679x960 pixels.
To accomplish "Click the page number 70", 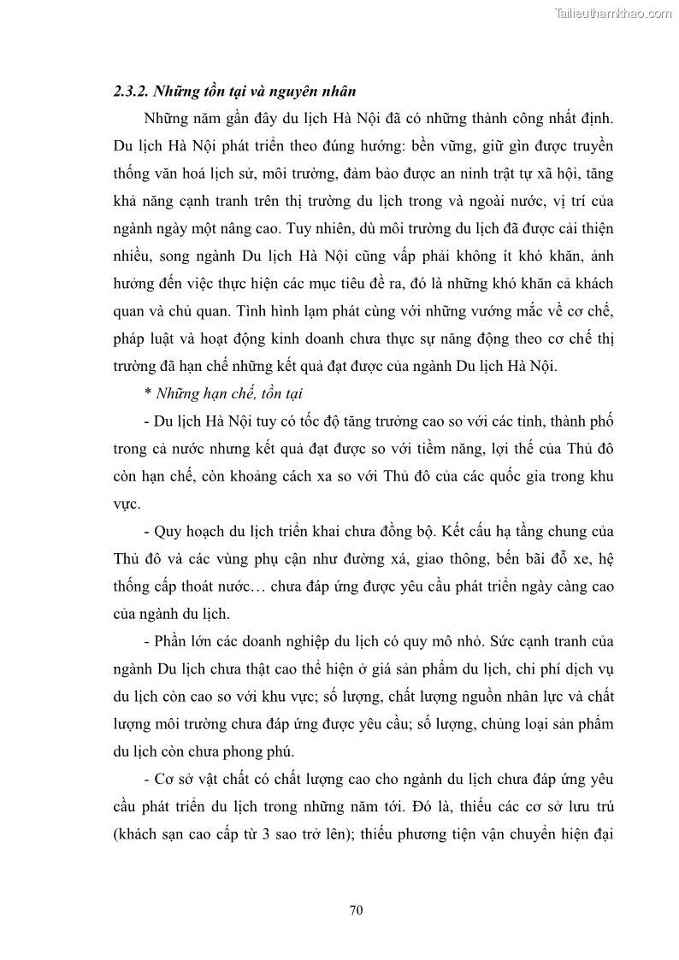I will click(357, 910).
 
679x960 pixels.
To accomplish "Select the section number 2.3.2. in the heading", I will click(132, 91).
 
